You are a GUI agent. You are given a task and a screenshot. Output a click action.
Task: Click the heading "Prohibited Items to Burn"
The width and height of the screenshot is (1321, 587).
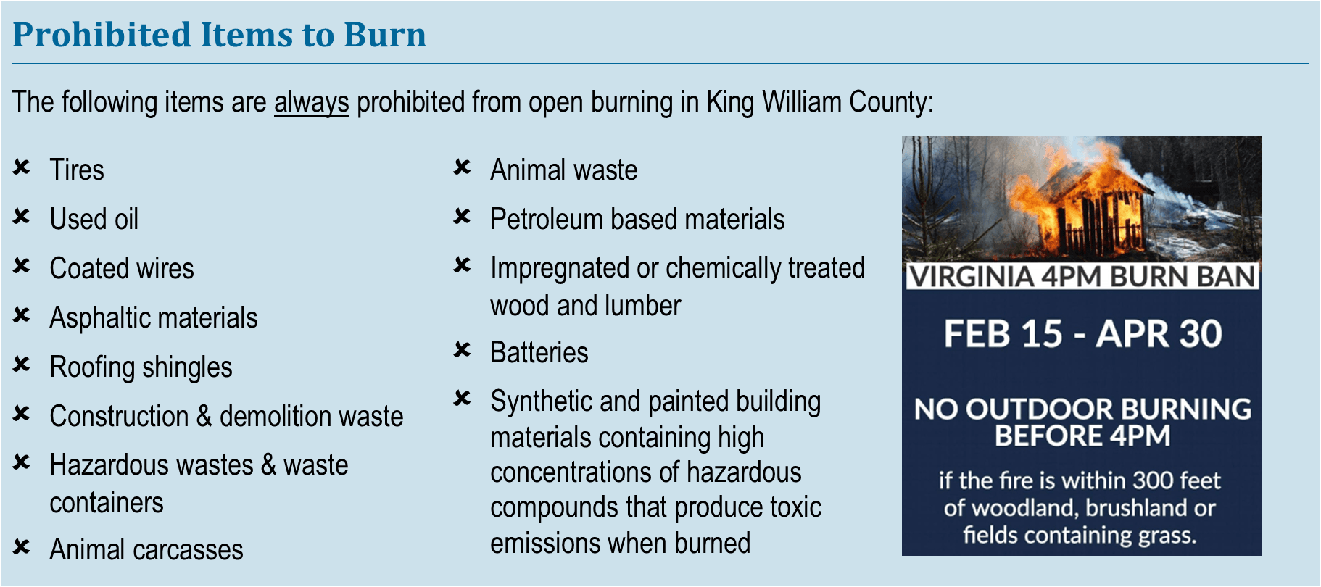pyautogui.click(x=219, y=35)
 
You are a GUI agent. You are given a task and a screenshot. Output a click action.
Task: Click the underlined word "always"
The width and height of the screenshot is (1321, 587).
pyautogui.click(x=311, y=102)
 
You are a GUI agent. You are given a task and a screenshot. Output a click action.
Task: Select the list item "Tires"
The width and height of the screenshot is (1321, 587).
pyautogui.click(x=77, y=170)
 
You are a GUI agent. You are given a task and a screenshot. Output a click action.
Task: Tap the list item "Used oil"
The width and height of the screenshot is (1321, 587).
pyautogui.click(x=94, y=219)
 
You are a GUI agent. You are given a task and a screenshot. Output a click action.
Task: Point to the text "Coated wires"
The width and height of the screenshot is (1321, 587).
pyautogui.click(x=122, y=268)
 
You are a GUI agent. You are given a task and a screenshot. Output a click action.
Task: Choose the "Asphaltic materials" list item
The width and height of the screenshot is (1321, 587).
pyautogui.click(x=154, y=317)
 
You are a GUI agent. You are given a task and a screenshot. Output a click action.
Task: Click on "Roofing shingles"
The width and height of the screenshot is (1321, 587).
pyautogui.click(x=141, y=367)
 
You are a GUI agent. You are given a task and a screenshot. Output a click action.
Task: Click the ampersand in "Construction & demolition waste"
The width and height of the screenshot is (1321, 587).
pyautogui.click(x=204, y=417)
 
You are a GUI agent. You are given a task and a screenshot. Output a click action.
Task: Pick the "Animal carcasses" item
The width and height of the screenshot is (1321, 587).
pyautogui.click(x=146, y=550)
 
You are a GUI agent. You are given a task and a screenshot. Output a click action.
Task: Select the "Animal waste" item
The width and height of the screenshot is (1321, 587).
pyautogui.click(x=564, y=170)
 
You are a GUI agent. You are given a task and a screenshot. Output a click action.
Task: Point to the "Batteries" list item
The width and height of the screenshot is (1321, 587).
pyautogui.click(x=539, y=353)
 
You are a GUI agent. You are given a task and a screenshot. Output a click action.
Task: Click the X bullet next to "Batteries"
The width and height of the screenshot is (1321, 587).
pyautogui.click(x=462, y=351)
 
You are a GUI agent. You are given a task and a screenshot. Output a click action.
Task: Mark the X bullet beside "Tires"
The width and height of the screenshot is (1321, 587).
pyautogui.click(x=21, y=168)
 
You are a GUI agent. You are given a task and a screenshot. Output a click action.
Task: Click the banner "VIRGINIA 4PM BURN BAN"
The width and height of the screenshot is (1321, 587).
pyautogui.click(x=1082, y=277)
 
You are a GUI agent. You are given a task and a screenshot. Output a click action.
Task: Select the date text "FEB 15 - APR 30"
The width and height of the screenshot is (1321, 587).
pyautogui.click(x=1082, y=334)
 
